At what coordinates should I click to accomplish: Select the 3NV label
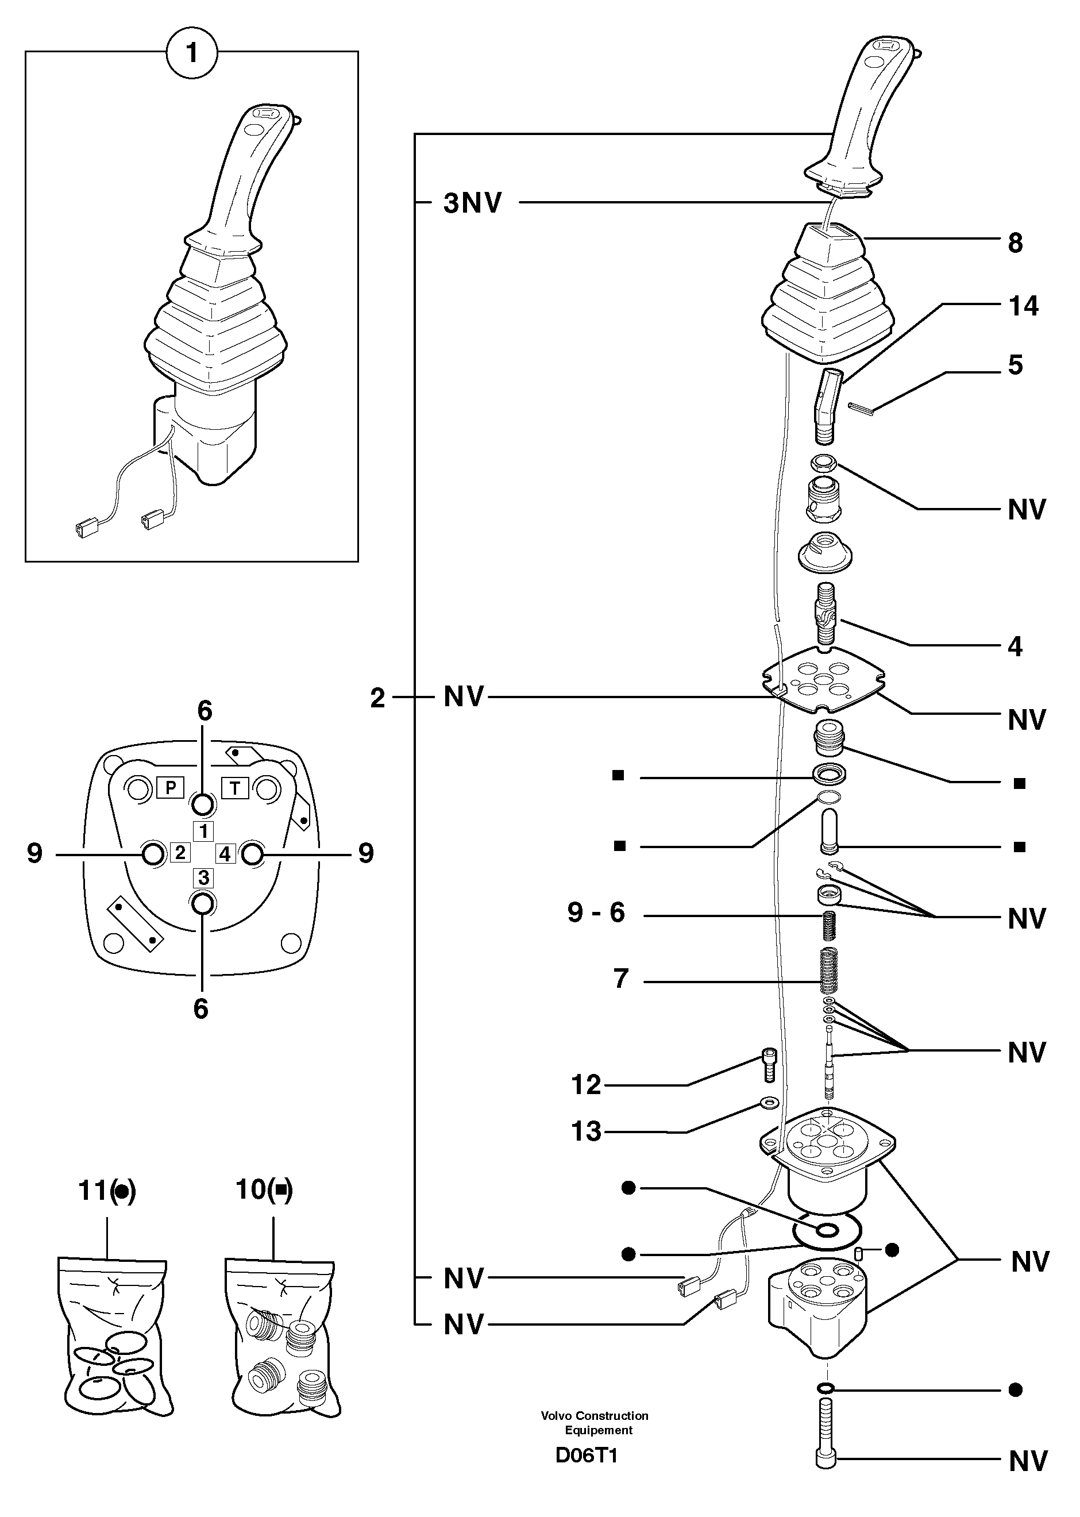tap(472, 203)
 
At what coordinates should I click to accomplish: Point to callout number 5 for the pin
tap(1015, 365)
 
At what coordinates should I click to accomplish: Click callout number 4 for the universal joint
tap(1015, 646)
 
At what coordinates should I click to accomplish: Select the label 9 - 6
tap(596, 912)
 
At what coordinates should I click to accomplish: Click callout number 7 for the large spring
tap(620, 979)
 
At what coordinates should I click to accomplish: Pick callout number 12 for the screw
tap(586, 1085)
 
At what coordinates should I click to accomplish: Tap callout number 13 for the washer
tap(586, 1131)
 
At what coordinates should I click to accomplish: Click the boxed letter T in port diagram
tap(235, 788)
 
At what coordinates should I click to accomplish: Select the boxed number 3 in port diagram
tap(204, 878)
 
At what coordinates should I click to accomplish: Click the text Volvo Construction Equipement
tap(595, 1423)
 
